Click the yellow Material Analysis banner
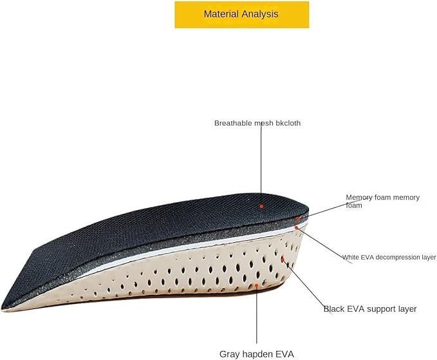coord(242,14)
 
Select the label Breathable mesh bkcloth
coord(257,122)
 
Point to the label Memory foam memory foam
coord(382,201)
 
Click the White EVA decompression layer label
coord(389,257)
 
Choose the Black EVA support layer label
coord(369,309)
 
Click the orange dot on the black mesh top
coord(261,206)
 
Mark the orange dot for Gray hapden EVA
coord(257,284)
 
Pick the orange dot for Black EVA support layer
coord(283,259)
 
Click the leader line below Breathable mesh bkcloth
coord(261,161)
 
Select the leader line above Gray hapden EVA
coord(257,316)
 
